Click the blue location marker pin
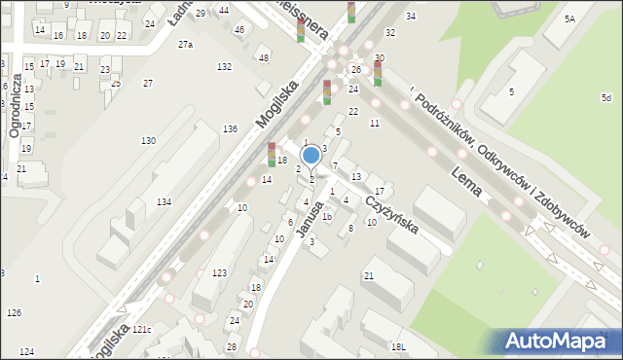point(311,156)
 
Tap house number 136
point(230,129)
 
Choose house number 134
point(165,201)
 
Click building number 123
point(220,272)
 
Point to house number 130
point(148,141)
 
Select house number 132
point(225,66)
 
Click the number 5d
point(605,98)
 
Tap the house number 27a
point(185,45)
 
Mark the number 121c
point(142,329)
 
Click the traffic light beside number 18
point(272,154)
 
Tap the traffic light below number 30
point(378,73)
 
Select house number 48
point(263,58)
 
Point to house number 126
point(14,312)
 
